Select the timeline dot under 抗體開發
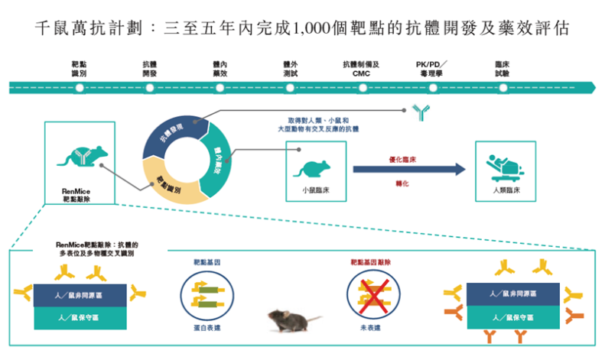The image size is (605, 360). (150, 87)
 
